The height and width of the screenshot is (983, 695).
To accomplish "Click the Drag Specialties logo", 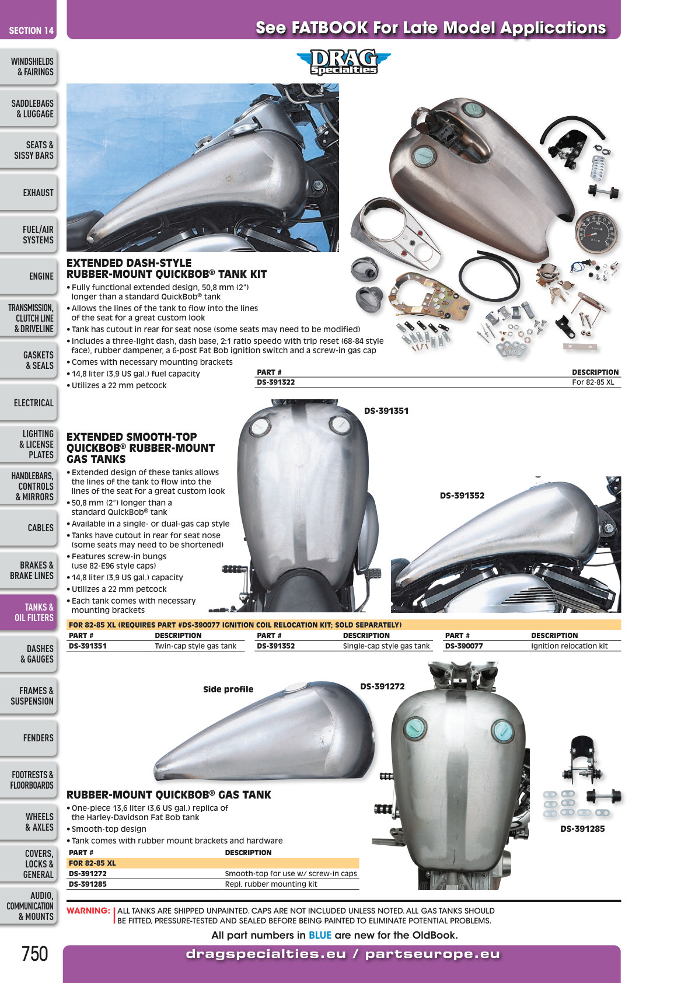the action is (x=344, y=62).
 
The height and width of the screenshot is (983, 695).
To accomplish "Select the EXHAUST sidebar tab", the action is (x=29, y=193).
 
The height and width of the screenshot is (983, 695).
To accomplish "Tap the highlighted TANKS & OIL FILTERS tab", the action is (x=29, y=612).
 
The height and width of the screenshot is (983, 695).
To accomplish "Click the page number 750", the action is (x=34, y=954).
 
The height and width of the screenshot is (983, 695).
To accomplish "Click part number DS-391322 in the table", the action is (x=275, y=382).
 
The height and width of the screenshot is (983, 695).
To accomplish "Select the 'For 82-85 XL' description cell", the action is (x=593, y=382).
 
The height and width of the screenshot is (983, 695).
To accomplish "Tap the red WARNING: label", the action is (x=88, y=911).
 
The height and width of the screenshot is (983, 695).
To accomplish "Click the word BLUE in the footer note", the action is (x=320, y=935).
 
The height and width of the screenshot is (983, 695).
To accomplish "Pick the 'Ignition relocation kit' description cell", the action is (x=569, y=646).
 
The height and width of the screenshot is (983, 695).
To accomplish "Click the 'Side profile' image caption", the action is (x=228, y=689).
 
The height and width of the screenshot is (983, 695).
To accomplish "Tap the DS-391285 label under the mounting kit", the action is (x=582, y=828).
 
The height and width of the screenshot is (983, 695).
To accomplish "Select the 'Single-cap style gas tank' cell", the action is (x=386, y=646).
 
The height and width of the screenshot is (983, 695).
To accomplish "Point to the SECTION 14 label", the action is (x=31, y=31).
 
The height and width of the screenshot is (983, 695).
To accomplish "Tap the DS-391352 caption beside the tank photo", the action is (x=462, y=496).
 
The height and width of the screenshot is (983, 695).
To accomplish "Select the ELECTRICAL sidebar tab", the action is (x=29, y=403).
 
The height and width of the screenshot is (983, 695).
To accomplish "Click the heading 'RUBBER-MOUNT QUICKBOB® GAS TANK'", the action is (x=169, y=794).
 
